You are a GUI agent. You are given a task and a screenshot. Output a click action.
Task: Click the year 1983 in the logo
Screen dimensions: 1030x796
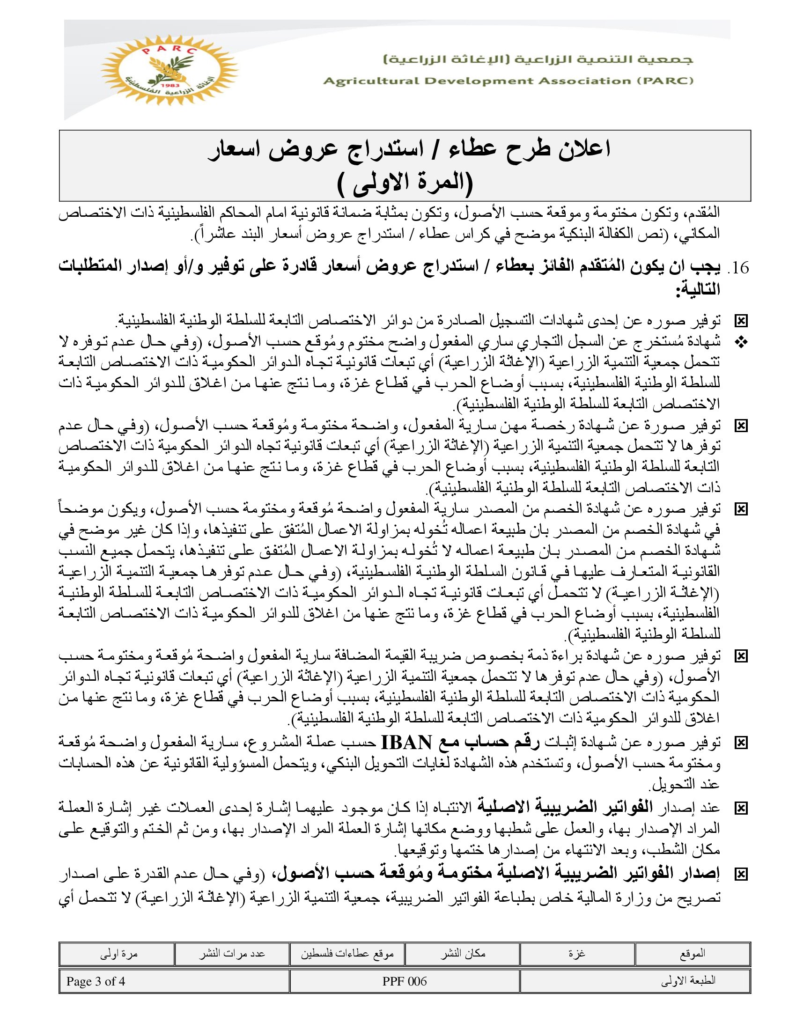170,85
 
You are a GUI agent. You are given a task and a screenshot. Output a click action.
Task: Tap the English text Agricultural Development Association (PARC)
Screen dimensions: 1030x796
508,81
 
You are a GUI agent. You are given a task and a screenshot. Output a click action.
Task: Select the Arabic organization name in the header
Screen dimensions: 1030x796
538,59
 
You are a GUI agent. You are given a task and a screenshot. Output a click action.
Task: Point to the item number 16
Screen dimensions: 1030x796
739,268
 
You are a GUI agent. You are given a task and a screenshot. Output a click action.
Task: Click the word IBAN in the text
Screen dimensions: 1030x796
406,743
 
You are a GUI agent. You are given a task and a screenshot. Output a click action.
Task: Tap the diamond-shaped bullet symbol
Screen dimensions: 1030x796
741,343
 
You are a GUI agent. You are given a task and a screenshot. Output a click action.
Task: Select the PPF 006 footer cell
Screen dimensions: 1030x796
405,981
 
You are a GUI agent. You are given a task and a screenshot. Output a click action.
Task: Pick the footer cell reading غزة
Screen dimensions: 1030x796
577,954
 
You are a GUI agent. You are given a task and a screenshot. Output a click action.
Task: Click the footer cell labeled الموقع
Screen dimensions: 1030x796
692,954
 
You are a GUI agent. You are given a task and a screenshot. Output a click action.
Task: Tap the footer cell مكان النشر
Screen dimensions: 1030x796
463,954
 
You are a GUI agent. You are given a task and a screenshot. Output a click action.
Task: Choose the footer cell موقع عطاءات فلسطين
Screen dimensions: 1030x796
347,954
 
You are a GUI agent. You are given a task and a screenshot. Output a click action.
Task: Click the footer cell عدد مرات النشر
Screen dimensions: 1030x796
231,954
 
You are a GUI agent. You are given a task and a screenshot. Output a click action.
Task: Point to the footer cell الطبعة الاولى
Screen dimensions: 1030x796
688,981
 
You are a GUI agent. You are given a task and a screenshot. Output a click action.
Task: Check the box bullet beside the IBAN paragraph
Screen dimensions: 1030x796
741,743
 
